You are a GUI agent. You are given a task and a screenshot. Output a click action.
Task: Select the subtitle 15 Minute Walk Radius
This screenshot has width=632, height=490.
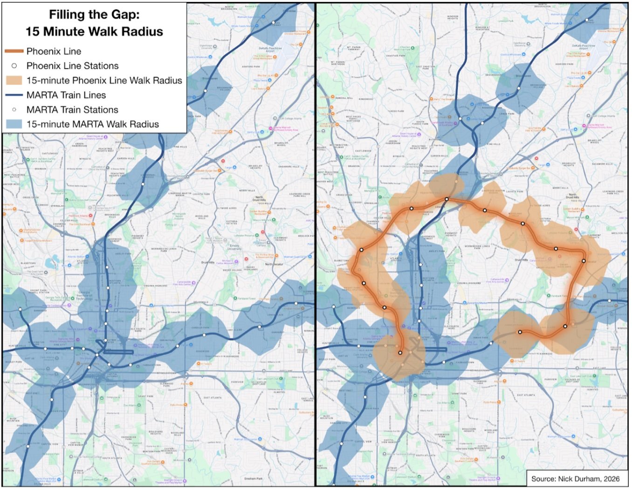pyautogui.click(x=94, y=32)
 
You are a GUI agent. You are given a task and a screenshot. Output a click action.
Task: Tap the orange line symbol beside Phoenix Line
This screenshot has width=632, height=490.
pyautogui.click(x=14, y=51)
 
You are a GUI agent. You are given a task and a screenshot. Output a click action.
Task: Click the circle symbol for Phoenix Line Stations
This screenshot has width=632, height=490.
pyautogui.click(x=14, y=66)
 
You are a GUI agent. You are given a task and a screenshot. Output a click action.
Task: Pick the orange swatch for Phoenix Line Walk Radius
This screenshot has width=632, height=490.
pyautogui.click(x=14, y=80)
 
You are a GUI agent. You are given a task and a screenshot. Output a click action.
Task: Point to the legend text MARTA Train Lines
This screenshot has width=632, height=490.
pyautogui.click(x=66, y=95)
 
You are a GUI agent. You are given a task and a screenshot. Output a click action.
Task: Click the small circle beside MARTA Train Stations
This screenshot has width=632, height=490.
pyautogui.click(x=14, y=110)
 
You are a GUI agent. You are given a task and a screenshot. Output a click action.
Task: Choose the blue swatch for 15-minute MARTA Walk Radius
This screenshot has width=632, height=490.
pyautogui.click(x=14, y=124)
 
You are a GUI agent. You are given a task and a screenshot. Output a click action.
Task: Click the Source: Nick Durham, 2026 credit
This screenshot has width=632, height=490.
pyautogui.click(x=575, y=478)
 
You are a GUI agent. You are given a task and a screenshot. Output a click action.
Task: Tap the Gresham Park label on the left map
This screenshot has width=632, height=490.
pyautogui.click(x=253, y=478)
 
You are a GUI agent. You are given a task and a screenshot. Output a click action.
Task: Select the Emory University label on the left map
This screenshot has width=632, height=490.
pyautogui.click(x=234, y=247)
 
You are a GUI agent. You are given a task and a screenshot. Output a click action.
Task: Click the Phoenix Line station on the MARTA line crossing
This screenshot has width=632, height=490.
pyautogui.click(x=447, y=199)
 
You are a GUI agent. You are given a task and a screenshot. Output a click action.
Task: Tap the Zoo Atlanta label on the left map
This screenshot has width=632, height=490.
pyautogui.click(x=130, y=405)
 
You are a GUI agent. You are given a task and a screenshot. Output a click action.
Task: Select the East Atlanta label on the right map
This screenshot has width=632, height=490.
pyautogui.click(x=526, y=395)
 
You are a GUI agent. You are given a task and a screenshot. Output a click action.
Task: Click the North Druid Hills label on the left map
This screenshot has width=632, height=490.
pyautogui.click(x=259, y=199)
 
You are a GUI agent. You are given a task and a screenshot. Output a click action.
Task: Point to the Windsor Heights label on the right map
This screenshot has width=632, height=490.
pyautogui.click(x=453, y=17)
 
